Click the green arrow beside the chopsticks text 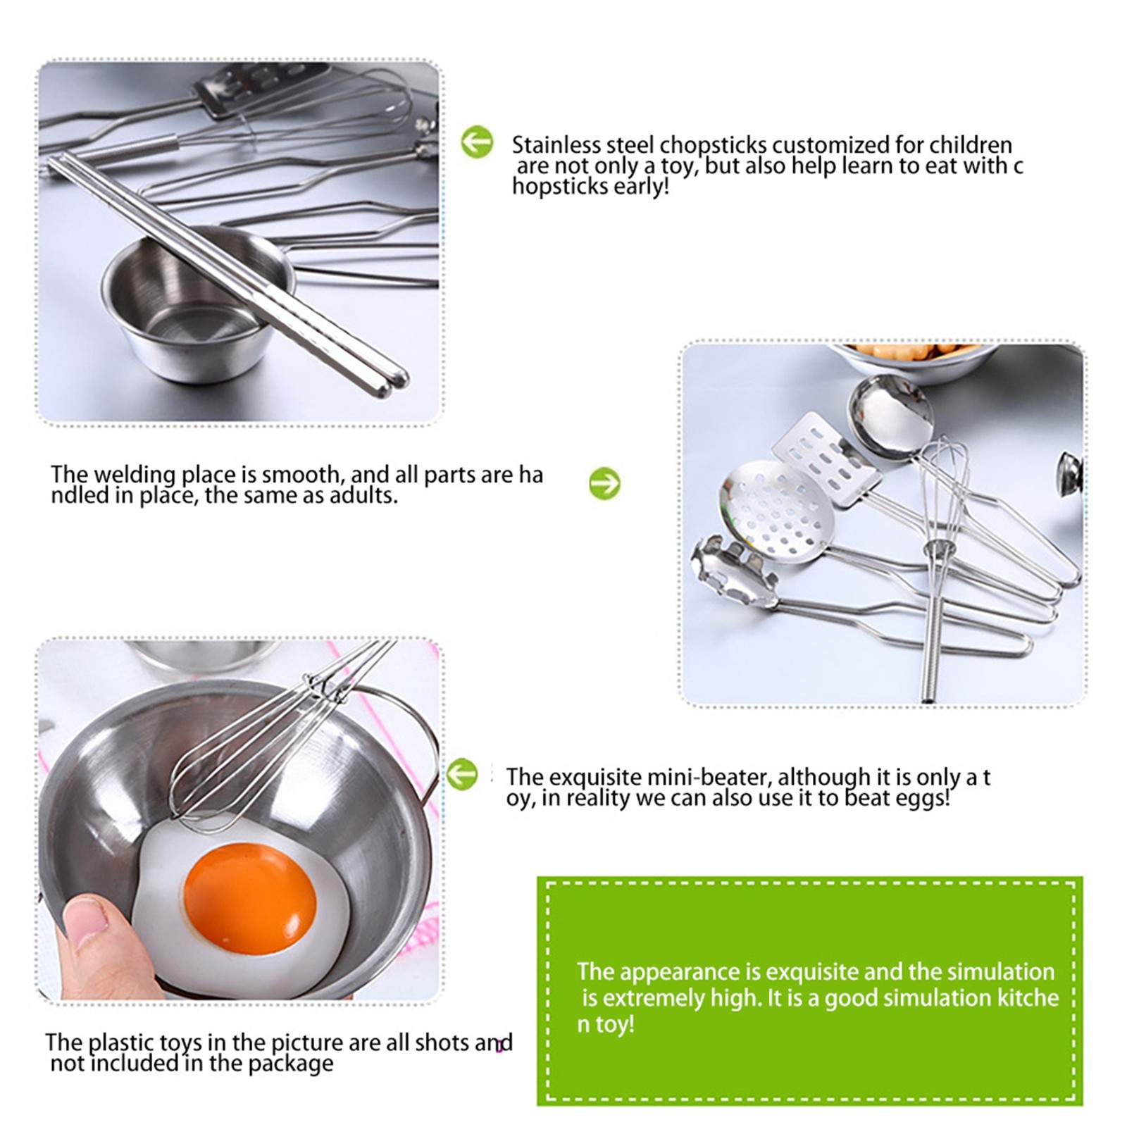pyautogui.click(x=477, y=142)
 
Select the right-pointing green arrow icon pyautogui.click(x=604, y=484)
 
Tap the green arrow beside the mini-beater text pyautogui.click(x=462, y=774)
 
